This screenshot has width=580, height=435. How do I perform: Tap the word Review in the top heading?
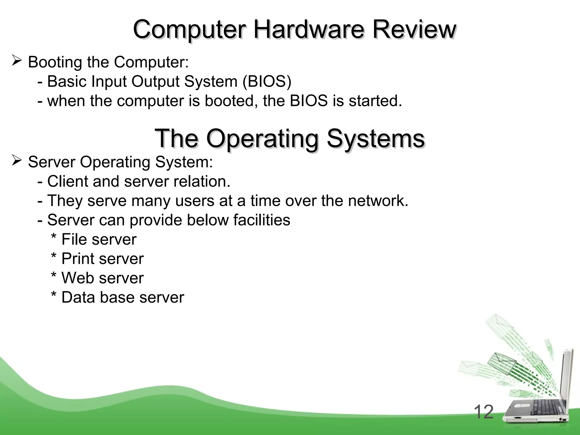point(414,30)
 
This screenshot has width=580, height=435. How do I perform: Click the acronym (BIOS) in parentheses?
point(267,82)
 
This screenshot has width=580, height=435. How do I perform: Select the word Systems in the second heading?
point(376,139)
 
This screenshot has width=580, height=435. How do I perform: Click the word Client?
point(68,181)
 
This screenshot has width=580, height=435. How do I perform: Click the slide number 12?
point(483,412)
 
